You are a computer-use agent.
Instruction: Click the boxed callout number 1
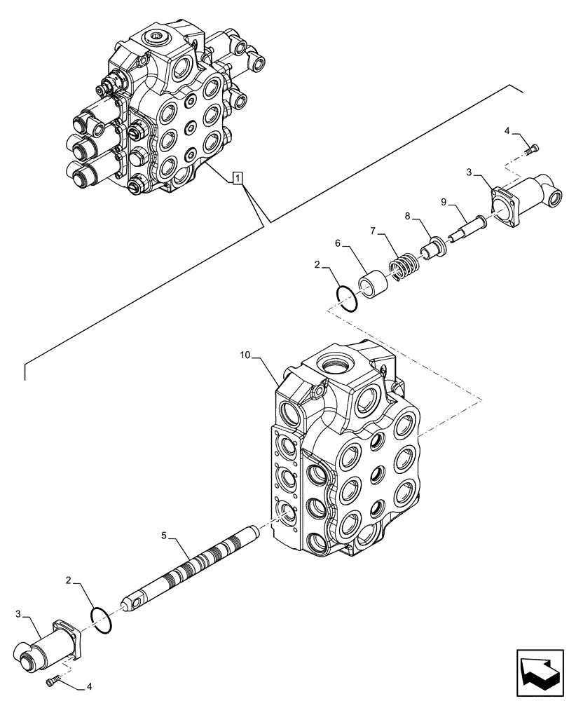tap(239, 178)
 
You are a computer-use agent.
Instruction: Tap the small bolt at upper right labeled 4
tap(534, 149)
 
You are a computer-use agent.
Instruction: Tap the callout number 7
tap(374, 231)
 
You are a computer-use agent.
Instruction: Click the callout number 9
tap(443, 203)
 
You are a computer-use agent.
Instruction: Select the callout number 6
tap(337, 243)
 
